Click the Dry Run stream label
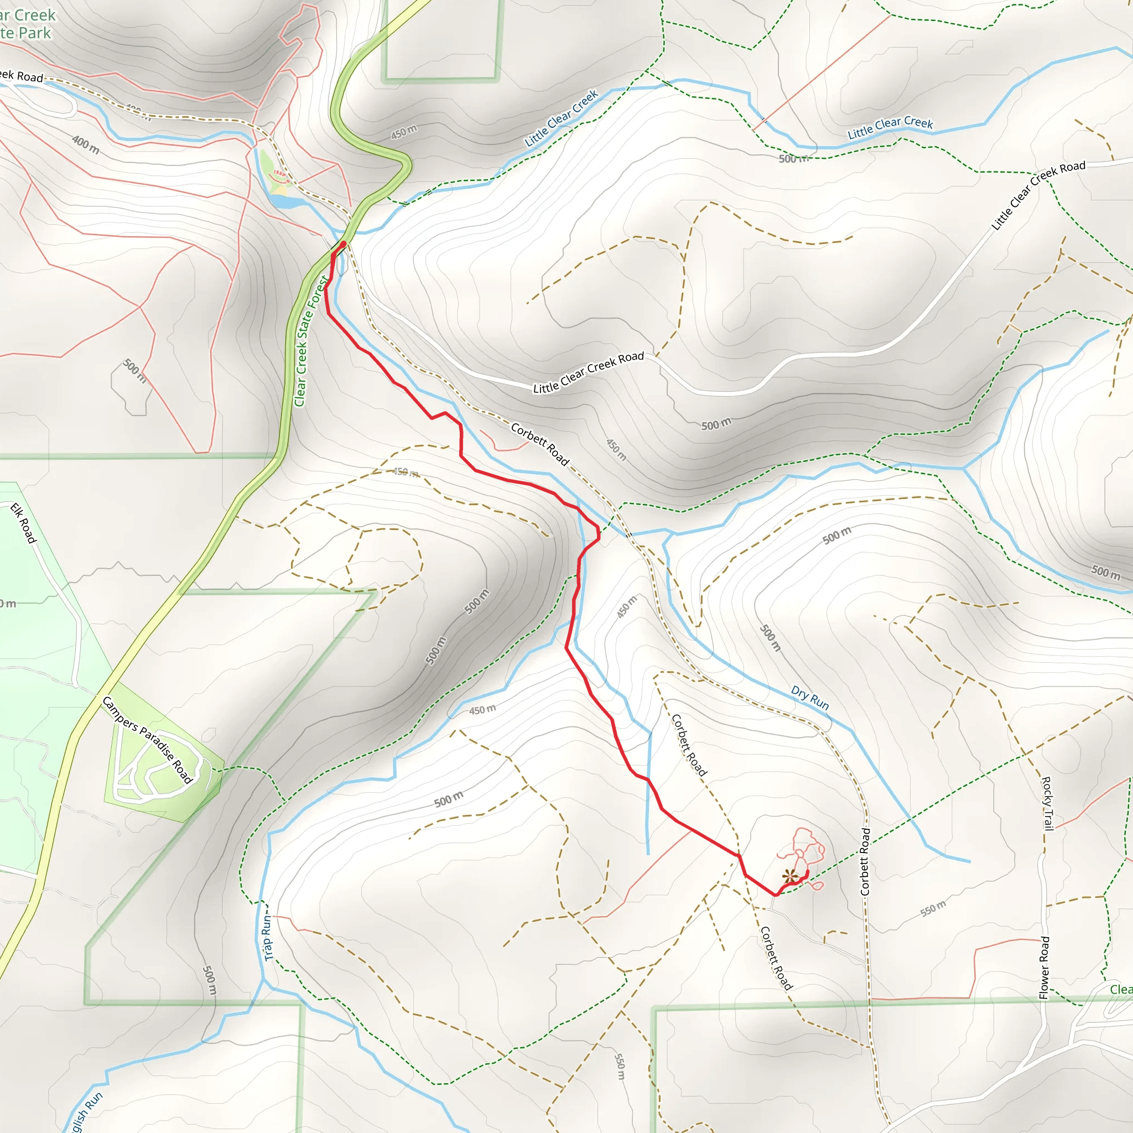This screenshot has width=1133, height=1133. coord(810,697)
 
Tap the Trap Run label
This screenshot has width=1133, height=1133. coord(268,939)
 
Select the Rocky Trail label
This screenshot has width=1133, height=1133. coord(1047,803)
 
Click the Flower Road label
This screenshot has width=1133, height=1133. coord(1044,968)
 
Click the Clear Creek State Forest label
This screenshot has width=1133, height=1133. coord(309,342)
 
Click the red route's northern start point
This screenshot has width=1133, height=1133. coord(343,243)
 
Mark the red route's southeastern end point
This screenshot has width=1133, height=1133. coord(808,872)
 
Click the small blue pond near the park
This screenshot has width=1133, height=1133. coord(285,202)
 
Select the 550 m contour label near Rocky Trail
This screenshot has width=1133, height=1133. coord(932,908)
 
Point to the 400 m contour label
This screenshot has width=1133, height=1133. coord(86,144)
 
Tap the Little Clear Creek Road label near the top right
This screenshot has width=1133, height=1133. coord(1038,195)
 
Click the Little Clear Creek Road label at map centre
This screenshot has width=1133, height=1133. coord(588,372)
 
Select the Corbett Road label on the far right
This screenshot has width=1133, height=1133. coord(866,861)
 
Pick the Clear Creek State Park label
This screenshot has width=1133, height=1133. coord(27,23)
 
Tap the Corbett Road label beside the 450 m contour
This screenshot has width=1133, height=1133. coord(539,444)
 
